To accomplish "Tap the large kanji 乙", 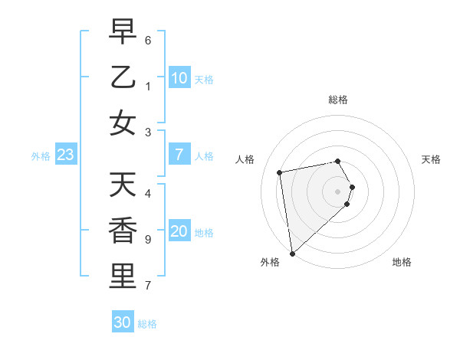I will pyautogui.click(x=122, y=78).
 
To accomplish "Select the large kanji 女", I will pyautogui.click(x=122, y=123).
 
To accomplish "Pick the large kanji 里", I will pyautogui.click(x=122, y=277).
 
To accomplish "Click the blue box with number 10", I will pyautogui.click(x=179, y=77).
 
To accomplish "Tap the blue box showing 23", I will pyautogui.click(x=66, y=155).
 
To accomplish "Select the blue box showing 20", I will pyautogui.click(x=179, y=232).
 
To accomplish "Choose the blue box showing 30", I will pyautogui.click(x=123, y=322).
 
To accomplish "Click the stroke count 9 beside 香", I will pyautogui.click(x=148, y=239).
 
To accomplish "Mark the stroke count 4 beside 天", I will pyautogui.click(x=148, y=193).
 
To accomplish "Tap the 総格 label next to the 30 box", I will pyautogui.click(x=148, y=324).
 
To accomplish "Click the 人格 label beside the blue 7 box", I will pyautogui.click(x=204, y=156).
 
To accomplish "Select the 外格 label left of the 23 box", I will pyautogui.click(x=41, y=156).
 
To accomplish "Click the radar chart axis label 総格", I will pyautogui.click(x=338, y=100).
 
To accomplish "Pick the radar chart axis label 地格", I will pyautogui.click(x=402, y=262).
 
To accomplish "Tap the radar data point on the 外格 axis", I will pyautogui.click(x=292, y=254).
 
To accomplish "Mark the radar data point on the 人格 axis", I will pyautogui.click(x=280, y=172).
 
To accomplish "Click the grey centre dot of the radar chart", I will pyautogui.click(x=338, y=191).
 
